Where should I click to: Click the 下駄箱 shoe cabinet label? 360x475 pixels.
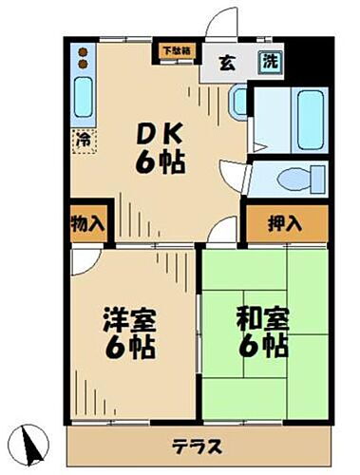pyautogui.click(x=175, y=50)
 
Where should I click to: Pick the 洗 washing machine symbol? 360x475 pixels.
pyautogui.click(x=270, y=60)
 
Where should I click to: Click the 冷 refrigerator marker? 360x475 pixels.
pyautogui.click(x=84, y=139)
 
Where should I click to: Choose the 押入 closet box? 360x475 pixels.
pyautogui.click(x=284, y=224)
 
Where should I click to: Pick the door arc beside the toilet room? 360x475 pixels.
pyautogui.click(x=234, y=175)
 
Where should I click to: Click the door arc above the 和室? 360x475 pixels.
pyautogui.click(x=221, y=231)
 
